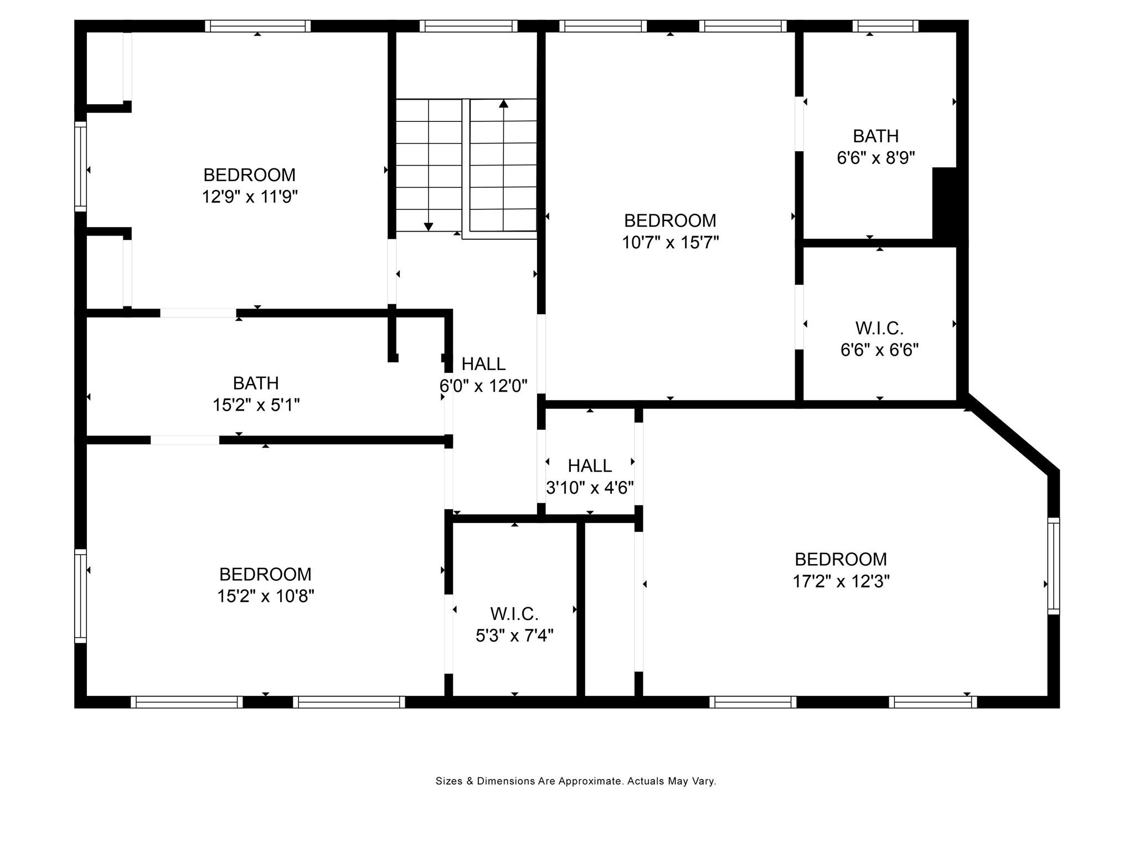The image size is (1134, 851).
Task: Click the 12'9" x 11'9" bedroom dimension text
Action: pos(250,197)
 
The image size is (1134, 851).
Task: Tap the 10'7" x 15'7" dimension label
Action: pos(670,242)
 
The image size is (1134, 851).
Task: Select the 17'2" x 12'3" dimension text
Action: pos(841,581)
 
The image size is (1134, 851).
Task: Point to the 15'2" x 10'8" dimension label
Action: pos(266,596)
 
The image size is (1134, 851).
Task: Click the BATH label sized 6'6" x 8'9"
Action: pos(875,136)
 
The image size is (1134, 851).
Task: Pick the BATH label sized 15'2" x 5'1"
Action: pos(256,383)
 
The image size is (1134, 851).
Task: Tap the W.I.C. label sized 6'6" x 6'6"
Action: pos(879,328)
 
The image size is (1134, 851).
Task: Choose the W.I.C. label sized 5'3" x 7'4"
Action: pos(514,614)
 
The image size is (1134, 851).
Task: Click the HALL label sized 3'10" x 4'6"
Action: pos(590,465)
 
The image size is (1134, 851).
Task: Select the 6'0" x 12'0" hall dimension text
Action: pos(483,386)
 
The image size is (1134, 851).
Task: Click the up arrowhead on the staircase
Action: pos(503,103)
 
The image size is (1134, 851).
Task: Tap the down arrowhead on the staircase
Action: pos(428,227)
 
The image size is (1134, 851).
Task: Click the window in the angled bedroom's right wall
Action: pos(1053,566)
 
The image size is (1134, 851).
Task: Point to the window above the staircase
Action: pos(468,26)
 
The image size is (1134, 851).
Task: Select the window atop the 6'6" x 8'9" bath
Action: pos(885,26)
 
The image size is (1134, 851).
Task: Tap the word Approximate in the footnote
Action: pos(591,781)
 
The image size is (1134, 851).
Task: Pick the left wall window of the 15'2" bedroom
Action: pos(81,596)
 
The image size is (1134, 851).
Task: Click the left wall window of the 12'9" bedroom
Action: pos(81,166)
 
